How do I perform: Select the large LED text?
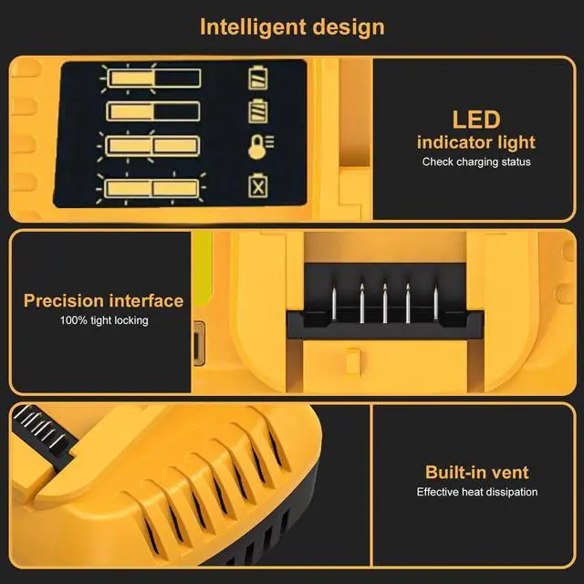(x=475, y=120)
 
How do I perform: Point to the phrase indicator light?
(x=475, y=142)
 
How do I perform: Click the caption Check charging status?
(x=475, y=162)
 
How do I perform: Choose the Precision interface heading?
(x=103, y=300)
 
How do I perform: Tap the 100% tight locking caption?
(x=103, y=320)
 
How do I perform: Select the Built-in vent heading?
(x=476, y=472)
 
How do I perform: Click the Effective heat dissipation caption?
(x=476, y=492)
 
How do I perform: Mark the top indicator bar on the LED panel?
(x=153, y=79)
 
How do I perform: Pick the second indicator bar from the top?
(x=153, y=112)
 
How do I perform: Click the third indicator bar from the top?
(x=153, y=145)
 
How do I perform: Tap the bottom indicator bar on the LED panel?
(x=153, y=187)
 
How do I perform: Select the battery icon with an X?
(x=259, y=186)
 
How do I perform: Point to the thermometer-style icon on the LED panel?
(x=259, y=145)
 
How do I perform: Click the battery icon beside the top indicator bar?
(x=259, y=78)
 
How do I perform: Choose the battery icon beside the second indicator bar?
(x=259, y=112)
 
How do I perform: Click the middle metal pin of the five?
(x=385, y=303)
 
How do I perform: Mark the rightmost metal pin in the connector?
(x=434, y=303)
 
